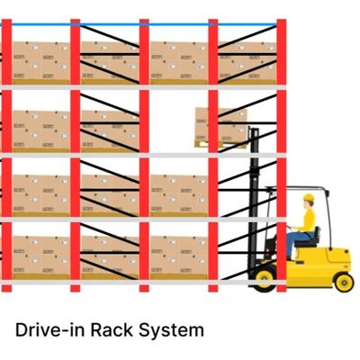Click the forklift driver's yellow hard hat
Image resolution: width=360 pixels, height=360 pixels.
(309, 198)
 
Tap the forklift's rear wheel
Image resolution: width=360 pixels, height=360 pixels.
(344, 283)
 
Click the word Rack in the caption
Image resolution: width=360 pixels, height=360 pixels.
(112, 329)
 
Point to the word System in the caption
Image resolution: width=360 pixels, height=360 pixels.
(171, 330)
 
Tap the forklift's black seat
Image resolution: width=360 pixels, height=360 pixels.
(308, 238)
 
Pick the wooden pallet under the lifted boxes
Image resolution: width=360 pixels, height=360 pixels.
(220, 144)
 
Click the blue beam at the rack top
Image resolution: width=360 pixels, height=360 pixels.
(144, 24)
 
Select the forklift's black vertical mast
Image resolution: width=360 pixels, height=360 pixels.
(254, 200)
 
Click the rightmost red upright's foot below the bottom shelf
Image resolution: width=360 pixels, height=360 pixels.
(282, 288)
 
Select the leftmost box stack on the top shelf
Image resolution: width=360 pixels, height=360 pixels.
(40, 63)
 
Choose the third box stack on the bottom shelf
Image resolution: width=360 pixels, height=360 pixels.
(179, 257)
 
